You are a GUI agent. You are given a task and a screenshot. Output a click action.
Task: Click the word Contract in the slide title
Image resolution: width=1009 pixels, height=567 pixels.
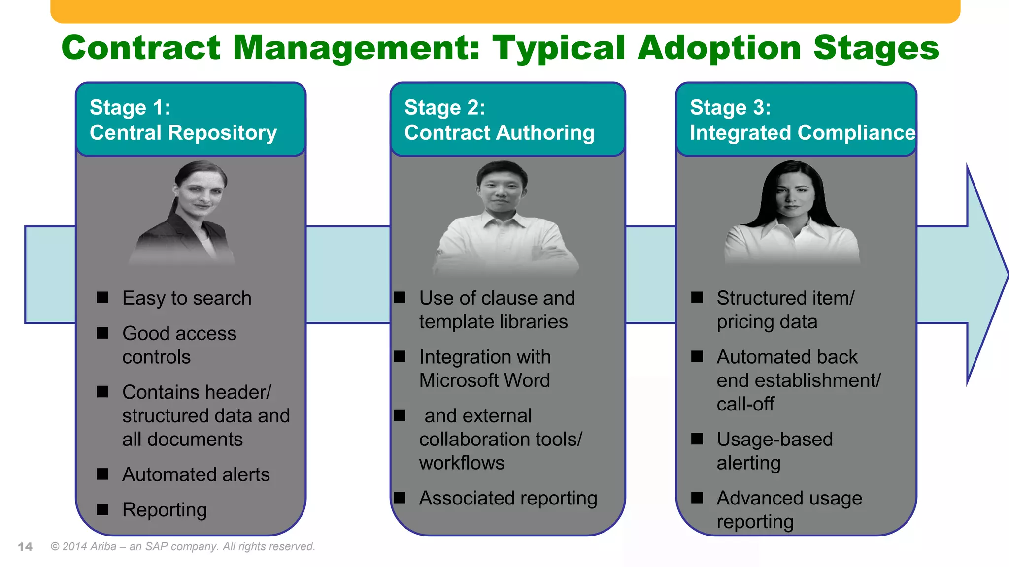coord(141,48)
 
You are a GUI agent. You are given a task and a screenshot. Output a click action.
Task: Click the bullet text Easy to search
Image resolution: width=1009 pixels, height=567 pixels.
coord(187,298)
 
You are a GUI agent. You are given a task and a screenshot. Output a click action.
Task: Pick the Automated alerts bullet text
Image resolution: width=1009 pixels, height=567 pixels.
coord(196,474)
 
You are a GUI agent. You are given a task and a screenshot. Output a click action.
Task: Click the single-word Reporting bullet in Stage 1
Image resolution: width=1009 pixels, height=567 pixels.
coord(165,510)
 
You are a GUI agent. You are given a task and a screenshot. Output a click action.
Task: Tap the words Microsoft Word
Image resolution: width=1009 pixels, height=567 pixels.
coord(484,380)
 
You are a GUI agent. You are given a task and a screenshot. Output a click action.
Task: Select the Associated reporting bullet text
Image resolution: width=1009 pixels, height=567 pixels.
coord(508,498)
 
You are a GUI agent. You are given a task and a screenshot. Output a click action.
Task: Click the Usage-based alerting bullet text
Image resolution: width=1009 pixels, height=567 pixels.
coord(774,451)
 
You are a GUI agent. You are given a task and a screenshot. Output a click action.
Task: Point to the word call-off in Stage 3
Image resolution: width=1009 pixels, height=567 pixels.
coord(745,404)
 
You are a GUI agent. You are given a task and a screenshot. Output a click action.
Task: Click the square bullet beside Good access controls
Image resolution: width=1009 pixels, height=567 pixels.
coord(102,333)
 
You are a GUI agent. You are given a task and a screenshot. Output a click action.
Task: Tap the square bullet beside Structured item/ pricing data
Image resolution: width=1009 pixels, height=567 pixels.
coord(697,297)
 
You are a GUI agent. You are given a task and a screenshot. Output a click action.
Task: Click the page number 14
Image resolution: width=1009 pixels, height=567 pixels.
coord(25,547)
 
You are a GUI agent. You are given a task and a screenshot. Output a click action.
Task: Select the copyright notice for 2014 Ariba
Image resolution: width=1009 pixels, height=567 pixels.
coord(183,547)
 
